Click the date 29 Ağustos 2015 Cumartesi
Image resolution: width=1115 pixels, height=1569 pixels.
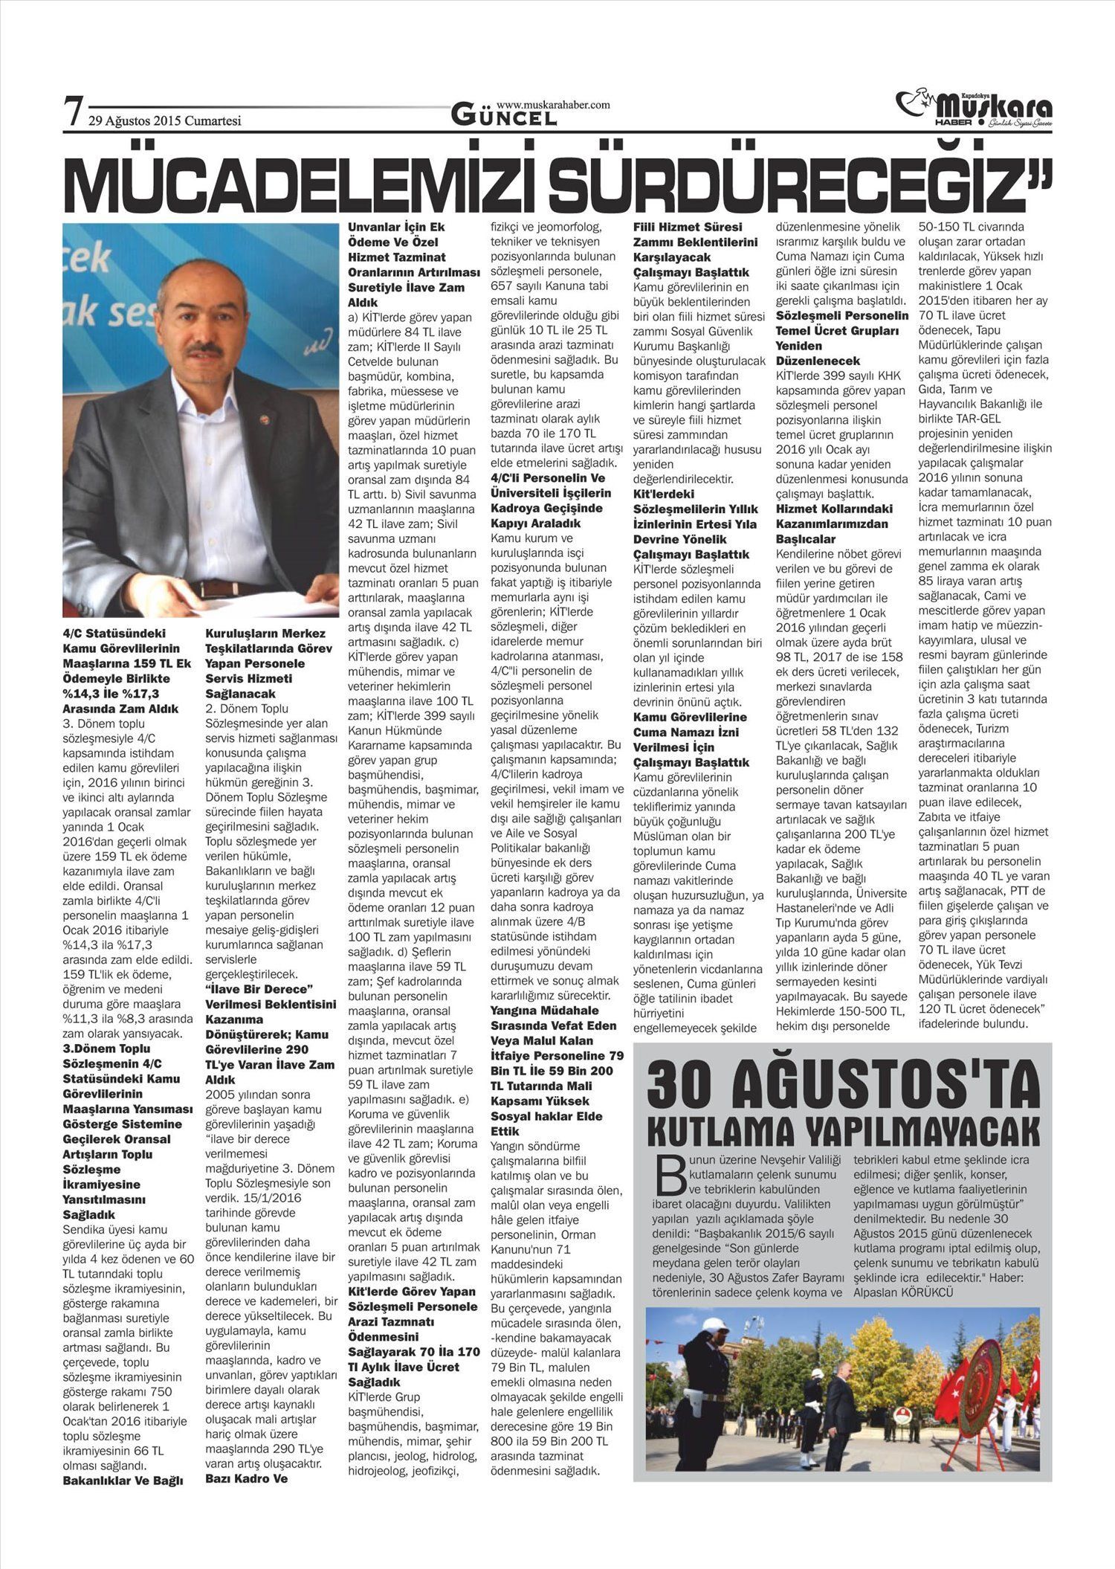(164, 120)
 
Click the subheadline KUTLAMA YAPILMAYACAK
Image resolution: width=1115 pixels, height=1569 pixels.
(843, 1131)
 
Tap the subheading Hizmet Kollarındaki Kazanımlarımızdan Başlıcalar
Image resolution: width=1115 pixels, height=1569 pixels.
(833, 523)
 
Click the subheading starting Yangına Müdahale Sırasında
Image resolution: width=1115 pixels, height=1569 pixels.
(557, 1070)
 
